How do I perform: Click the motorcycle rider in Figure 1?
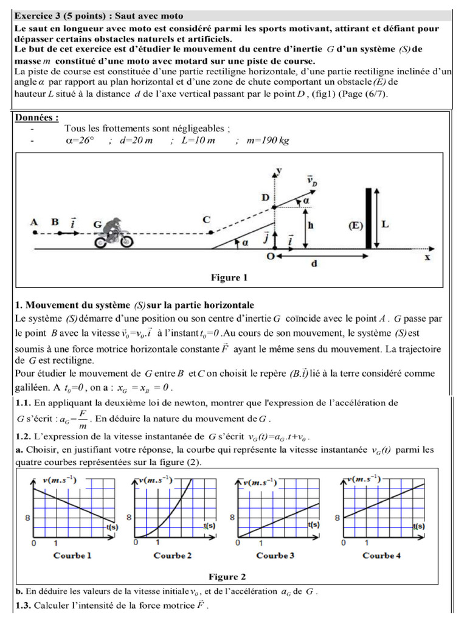pyautogui.click(x=113, y=234)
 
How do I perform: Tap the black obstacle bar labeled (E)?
pyautogui.click(x=368, y=218)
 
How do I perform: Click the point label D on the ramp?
pyautogui.click(x=265, y=198)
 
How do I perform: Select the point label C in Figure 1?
pyautogui.click(x=207, y=219)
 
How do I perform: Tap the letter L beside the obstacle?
pyautogui.click(x=384, y=224)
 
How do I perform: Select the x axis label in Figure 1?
pyautogui.click(x=427, y=257)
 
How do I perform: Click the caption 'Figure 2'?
pyautogui.click(x=227, y=577)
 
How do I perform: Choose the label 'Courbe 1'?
pyautogui.click(x=72, y=555)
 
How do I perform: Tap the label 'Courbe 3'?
pyautogui.click(x=275, y=555)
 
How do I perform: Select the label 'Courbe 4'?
pyautogui.click(x=381, y=555)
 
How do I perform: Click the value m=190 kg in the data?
pyautogui.click(x=268, y=141)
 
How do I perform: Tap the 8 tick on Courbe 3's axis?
pyautogui.click(x=232, y=518)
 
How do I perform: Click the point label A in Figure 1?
pyautogui.click(x=34, y=223)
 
